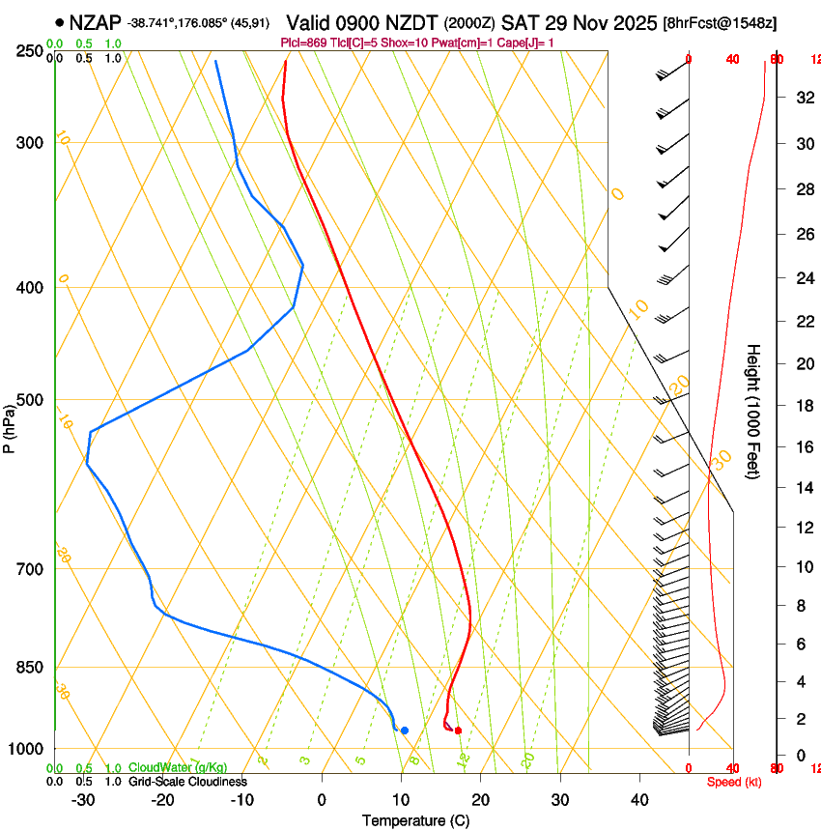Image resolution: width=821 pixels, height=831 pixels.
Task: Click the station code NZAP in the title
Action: tap(97, 21)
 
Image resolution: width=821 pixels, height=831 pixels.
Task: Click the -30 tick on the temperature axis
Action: tap(82, 800)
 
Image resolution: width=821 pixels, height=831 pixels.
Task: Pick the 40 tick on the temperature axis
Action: tap(639, 800)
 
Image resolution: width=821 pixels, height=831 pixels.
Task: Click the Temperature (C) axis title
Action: tap(415, 820)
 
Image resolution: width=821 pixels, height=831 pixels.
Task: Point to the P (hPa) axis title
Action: tap(10, 424)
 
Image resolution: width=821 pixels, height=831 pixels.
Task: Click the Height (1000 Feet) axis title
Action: tap(754, 412)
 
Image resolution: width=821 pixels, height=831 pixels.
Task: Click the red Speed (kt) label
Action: tap(734, 782)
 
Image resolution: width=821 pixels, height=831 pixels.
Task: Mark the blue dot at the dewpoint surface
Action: tap(405, 731)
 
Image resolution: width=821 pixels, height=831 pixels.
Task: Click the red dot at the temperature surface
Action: tap(458, 731)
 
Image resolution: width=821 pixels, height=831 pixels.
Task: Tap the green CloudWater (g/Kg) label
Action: tap(178, 768)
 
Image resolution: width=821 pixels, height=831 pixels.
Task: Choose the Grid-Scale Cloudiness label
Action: tap(187, 782)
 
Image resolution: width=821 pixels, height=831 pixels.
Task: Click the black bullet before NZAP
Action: tap(60, 21)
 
